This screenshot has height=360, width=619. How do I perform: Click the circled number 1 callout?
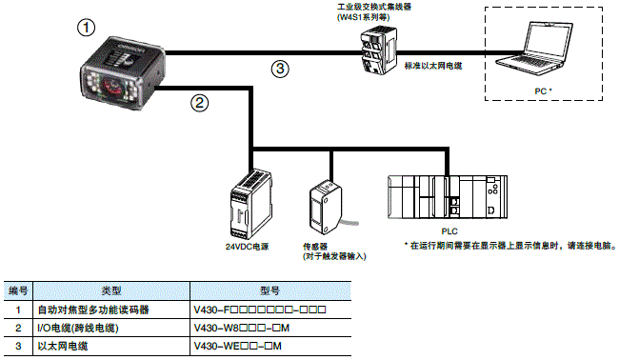pyautogui.click(x=88, y=29)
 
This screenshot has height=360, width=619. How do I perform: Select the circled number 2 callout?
pyautogui.click(x=199, y=102)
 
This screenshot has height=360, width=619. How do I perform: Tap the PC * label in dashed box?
pyautogui.click(x=544, y=90)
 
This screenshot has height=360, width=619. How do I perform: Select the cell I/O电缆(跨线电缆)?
pyautogui.click(x=77, y=328)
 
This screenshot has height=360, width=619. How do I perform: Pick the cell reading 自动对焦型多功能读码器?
pyautogui.click(x=93, y=310)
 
